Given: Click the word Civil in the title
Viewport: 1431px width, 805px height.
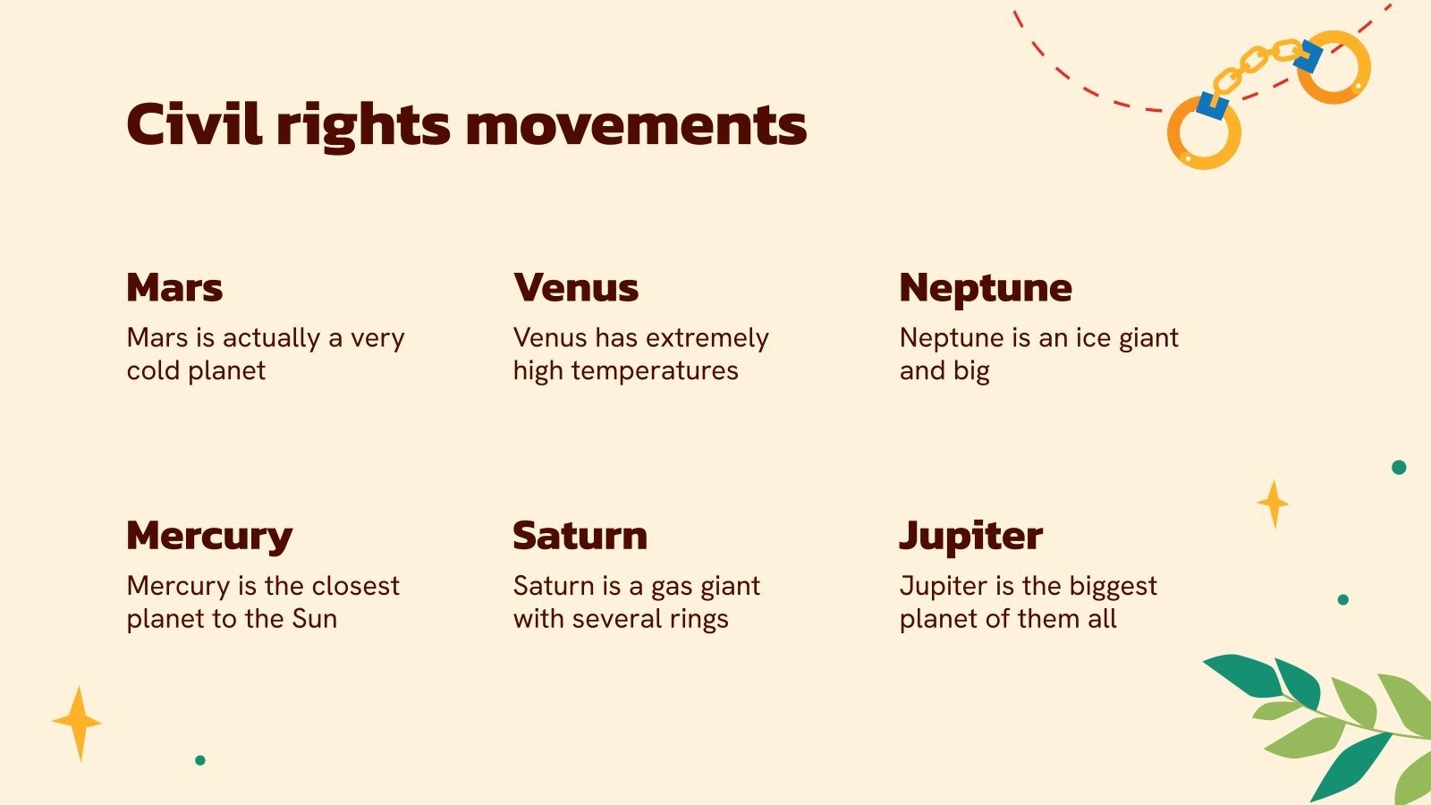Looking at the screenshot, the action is [x=194, y=124].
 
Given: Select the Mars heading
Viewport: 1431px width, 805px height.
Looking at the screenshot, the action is [x=175, y=287].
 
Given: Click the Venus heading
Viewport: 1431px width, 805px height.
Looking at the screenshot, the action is [x=576, y=287].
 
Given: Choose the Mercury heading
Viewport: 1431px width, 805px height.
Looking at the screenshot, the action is [x=209, y=537].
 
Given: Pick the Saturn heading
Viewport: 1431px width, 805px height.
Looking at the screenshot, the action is [x=580, y=536].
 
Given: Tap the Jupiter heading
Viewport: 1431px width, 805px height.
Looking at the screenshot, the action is [x=971, y=537].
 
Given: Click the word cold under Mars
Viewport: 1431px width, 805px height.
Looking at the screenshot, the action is [x=154, y=370].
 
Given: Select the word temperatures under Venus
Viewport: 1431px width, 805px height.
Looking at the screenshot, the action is [x=655, y=371].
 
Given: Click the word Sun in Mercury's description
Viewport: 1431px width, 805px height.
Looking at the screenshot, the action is [x=314, y=618].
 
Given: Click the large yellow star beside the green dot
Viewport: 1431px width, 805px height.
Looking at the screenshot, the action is [x=77, y=724].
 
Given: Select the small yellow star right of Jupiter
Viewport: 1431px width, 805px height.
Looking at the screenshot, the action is [x=1274, y=504].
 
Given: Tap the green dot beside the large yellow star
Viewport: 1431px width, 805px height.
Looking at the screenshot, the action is [x=200, y=760].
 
